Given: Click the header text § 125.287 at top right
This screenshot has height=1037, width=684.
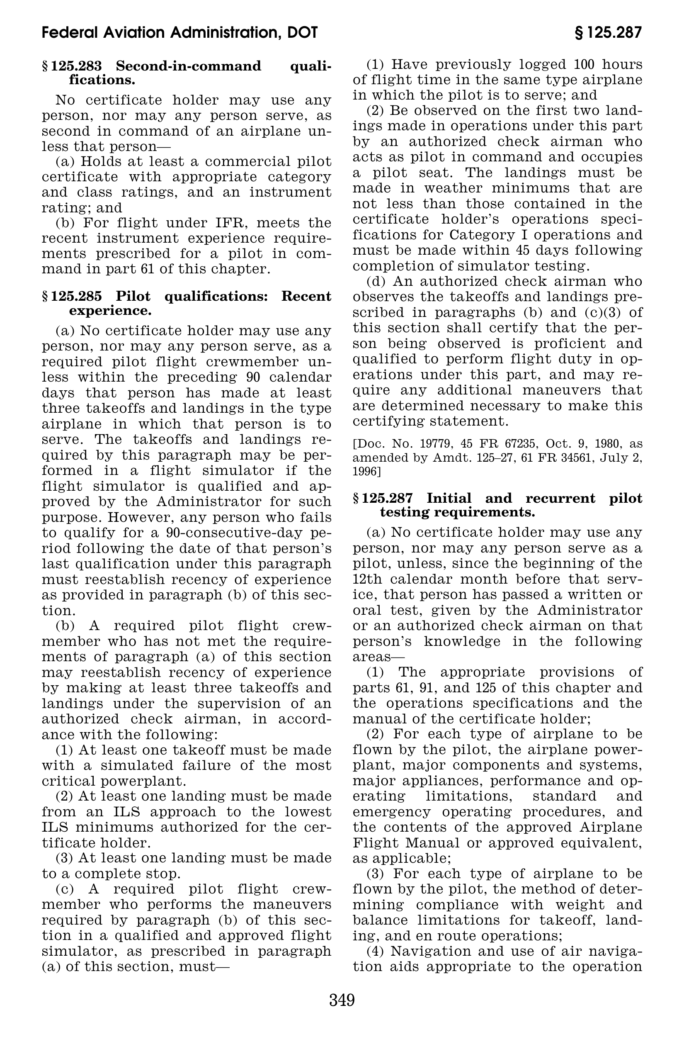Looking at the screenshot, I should (x=609, y=33).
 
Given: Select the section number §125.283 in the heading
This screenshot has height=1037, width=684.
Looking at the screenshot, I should (x=72, y=66).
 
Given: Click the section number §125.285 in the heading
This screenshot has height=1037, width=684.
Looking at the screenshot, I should (x=72, y=296).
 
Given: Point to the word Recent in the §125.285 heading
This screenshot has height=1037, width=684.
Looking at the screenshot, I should (x=306, y=296).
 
